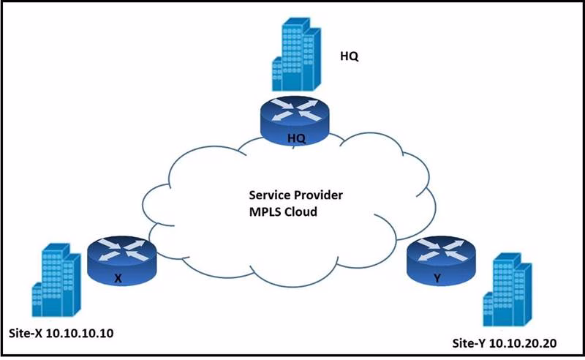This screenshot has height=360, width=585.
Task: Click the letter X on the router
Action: coord(118,279)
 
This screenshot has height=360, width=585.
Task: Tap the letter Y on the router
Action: coord(437,279)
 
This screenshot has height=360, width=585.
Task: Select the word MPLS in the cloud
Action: coord(265,212)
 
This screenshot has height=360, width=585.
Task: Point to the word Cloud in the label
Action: coord(304,212)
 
